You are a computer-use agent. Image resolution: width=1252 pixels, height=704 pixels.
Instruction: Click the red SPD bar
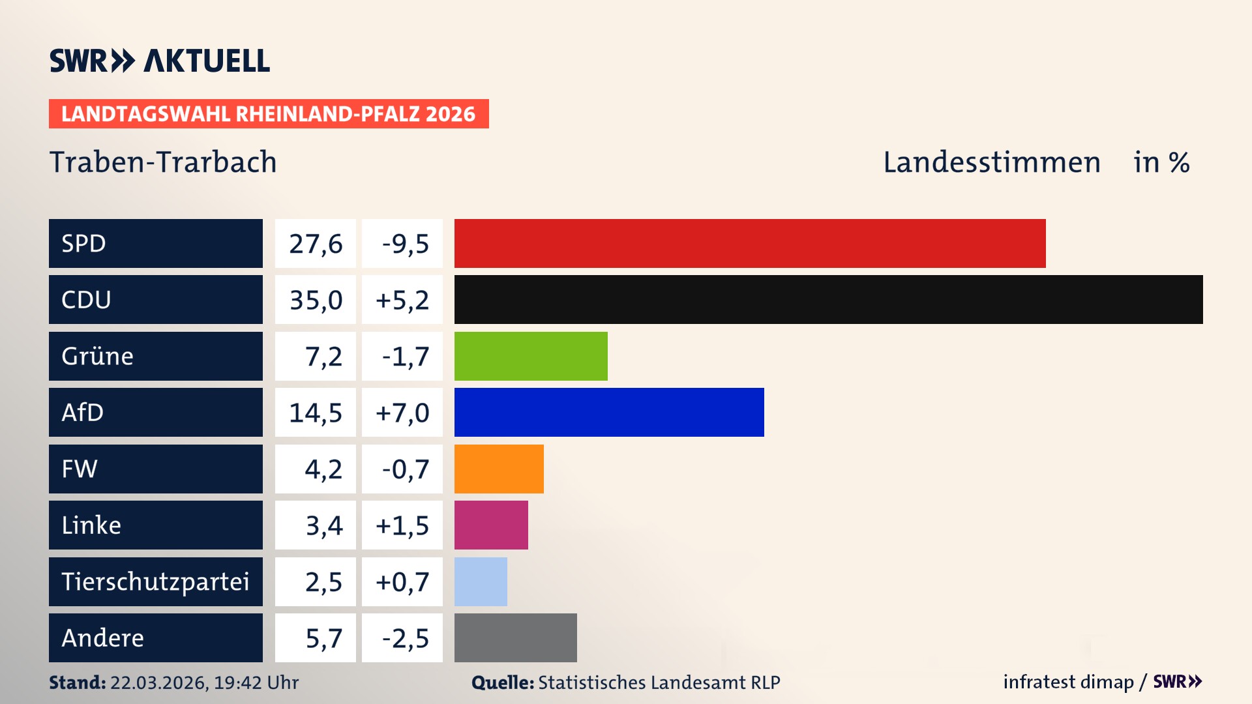750,243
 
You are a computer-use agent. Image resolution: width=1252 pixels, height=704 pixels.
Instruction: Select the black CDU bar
828,299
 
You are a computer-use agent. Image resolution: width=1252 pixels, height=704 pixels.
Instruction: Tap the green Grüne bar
531,356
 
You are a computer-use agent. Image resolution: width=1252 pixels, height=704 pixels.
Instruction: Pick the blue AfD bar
609,412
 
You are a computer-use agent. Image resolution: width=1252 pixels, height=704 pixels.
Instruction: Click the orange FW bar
499,469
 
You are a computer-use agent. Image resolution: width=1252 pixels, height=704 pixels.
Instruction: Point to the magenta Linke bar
491,525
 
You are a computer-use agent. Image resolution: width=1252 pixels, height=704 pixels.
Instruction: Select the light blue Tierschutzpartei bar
481,581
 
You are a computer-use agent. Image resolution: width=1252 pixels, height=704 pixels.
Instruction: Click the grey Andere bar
515,638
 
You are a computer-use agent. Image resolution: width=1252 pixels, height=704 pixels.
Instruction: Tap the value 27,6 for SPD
316,244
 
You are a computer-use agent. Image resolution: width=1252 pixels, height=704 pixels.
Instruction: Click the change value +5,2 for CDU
402,300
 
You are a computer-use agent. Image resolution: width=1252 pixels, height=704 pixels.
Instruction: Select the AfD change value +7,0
402,413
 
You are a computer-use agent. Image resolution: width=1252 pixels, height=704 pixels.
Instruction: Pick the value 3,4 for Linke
324,525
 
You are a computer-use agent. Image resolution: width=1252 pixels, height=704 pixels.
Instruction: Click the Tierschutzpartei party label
155,581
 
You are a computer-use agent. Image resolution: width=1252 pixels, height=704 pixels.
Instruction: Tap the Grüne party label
98,356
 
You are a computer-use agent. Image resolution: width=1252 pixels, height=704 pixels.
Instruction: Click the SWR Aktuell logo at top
160,61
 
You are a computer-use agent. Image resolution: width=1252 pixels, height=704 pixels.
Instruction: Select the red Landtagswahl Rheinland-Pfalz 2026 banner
269,114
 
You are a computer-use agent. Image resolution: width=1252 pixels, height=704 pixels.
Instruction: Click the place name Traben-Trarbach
163,162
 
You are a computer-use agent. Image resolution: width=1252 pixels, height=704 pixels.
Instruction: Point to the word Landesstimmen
992,162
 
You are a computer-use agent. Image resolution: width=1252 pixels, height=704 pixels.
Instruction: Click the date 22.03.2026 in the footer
158,682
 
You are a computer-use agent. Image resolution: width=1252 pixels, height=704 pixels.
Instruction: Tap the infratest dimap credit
1068,682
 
